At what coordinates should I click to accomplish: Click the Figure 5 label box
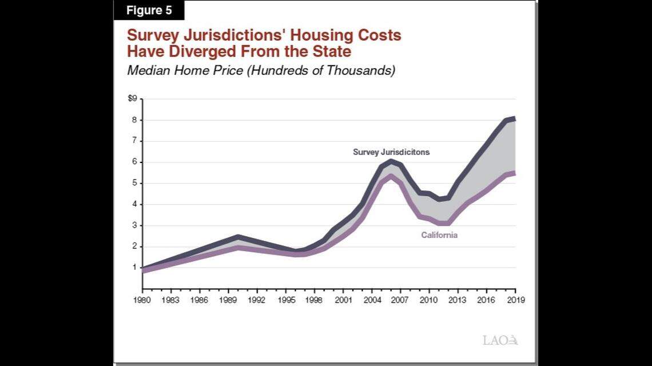click(149, 10)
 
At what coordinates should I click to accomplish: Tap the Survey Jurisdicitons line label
click(391, 152)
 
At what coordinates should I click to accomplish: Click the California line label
click(439, 235)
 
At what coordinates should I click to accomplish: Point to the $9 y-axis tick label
click(132, 98)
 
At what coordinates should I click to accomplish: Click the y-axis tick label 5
click(134, 183)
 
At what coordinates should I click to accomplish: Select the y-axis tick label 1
click(134, 268)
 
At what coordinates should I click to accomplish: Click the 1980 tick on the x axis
click(141, 300)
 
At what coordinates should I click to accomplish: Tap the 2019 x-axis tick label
click(515, 300)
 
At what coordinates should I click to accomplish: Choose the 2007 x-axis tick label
click(400, 300)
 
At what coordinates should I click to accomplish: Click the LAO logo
click(500, 340)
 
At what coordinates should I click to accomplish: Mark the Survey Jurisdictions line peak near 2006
click(391, 161)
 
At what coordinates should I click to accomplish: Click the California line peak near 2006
click(391, 176)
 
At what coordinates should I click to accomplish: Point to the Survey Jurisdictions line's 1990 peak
click(237, 236)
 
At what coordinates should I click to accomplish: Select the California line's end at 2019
click(514, 173)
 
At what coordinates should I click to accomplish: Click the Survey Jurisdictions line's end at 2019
click(514, 119)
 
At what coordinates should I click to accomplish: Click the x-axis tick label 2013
click(458, 300)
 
